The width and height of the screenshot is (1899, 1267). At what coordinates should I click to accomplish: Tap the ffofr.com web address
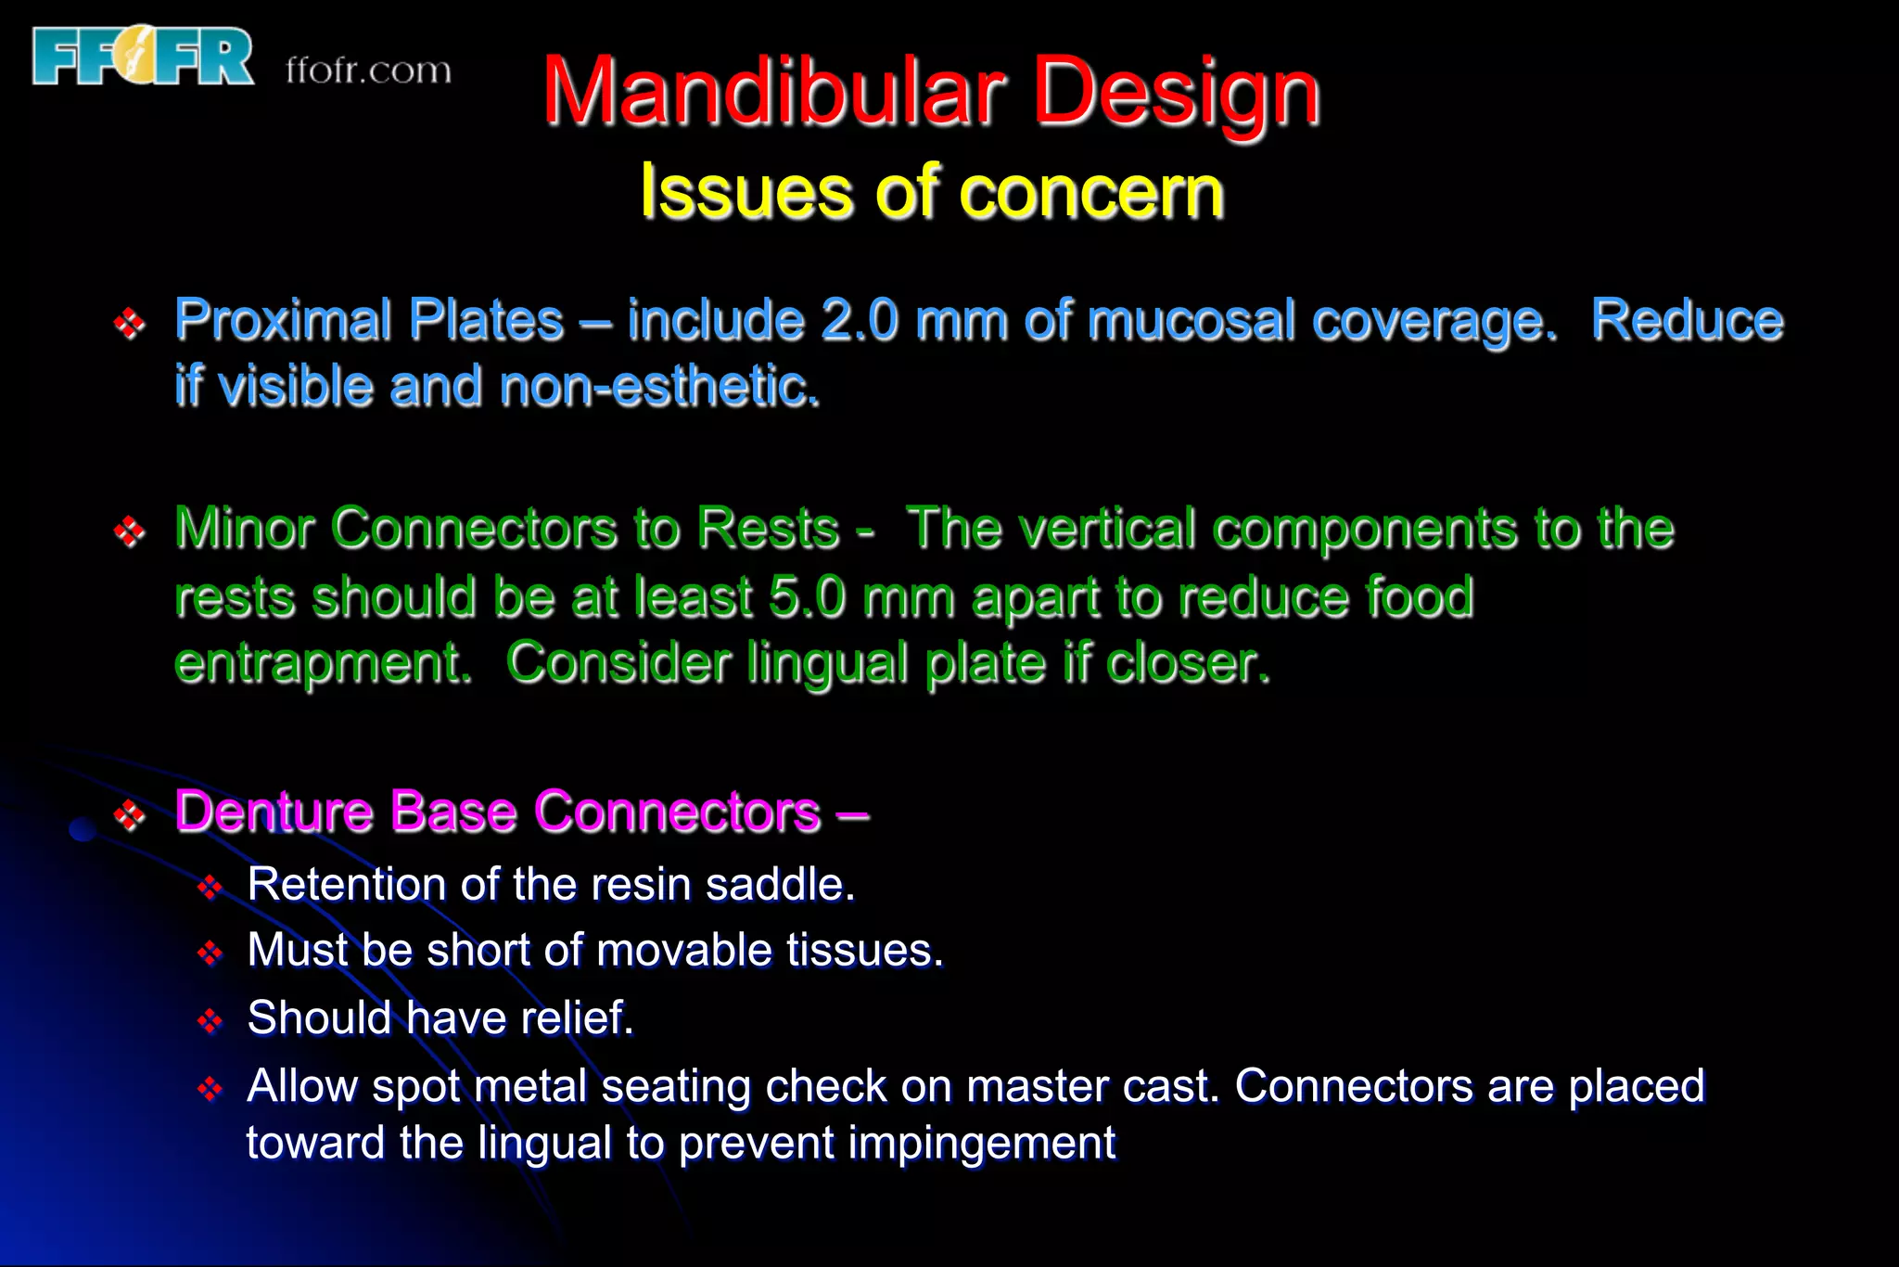pos(368,70)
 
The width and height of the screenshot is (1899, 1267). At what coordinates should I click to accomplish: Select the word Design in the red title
pos(1176,93)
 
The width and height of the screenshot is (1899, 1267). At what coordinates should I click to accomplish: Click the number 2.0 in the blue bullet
pos(860,321)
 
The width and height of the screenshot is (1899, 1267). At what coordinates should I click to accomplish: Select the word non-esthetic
pos(659,387)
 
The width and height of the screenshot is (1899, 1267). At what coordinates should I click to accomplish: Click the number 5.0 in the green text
pos(807,596)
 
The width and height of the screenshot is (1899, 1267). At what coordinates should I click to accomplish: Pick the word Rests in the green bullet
pos(768,529)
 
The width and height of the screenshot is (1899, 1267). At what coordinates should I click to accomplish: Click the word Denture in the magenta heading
pos(274,812)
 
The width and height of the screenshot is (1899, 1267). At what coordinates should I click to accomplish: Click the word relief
pos(577,1017)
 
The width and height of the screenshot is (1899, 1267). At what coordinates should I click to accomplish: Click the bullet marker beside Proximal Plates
pos(129,324)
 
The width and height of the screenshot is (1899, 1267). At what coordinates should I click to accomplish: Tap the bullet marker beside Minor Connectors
pos(129,531)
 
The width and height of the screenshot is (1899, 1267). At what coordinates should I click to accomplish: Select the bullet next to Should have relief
pos(210,1021)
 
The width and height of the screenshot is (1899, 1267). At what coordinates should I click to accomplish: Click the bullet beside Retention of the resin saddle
pos(210,888)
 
